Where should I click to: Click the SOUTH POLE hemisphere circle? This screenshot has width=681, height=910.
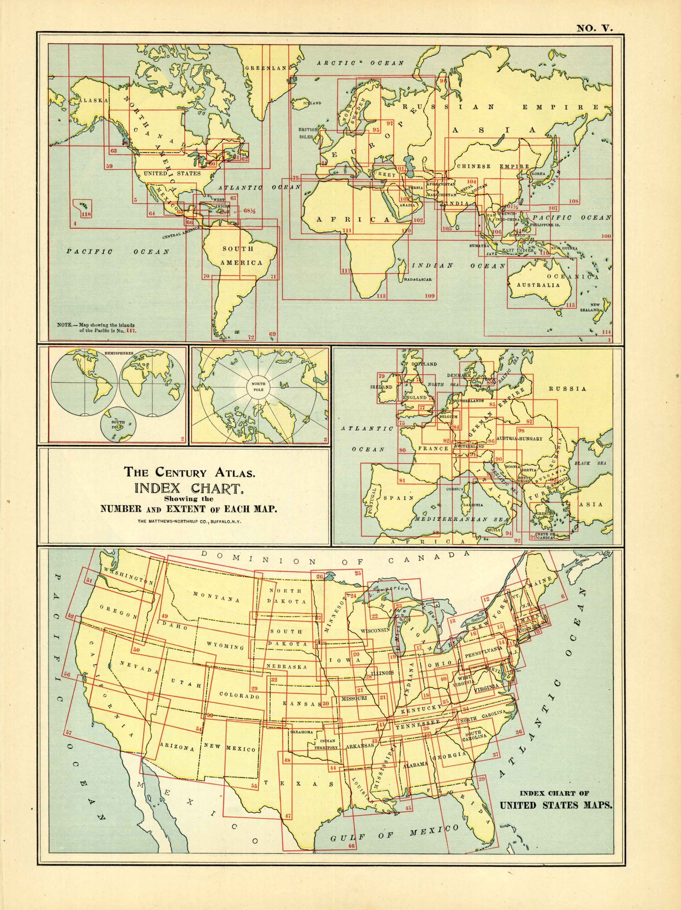118,424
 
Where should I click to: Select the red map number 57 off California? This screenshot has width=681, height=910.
68,733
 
